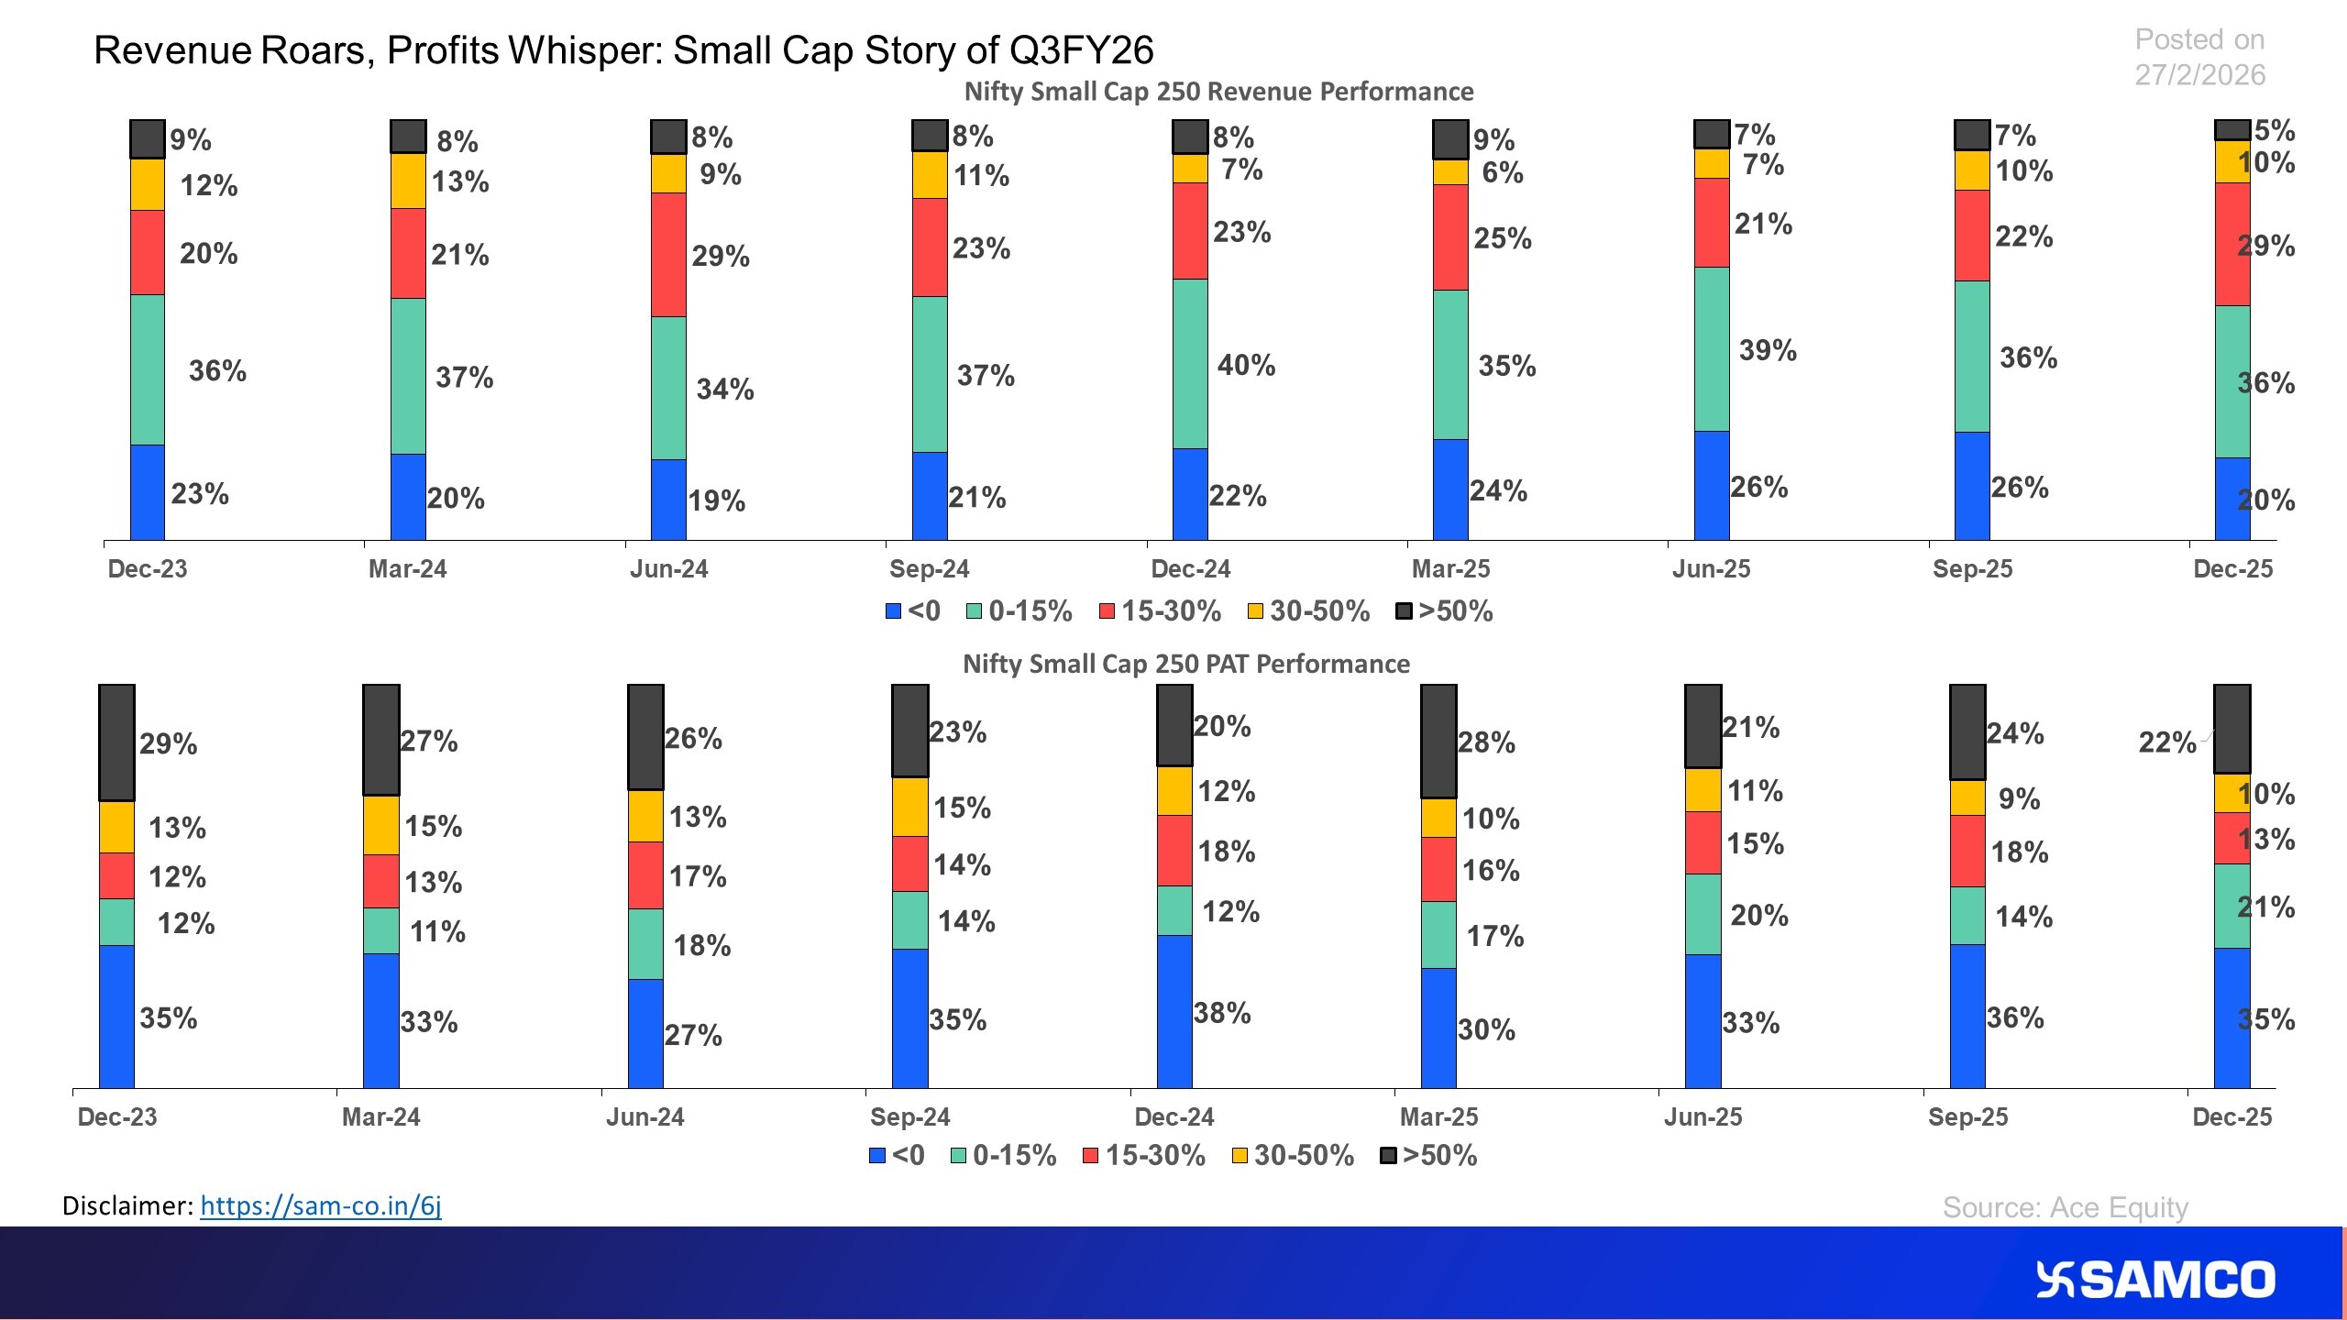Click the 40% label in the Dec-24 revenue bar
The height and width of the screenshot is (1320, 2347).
coord(1246,366)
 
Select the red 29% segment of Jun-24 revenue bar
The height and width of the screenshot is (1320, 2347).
coord(668,255)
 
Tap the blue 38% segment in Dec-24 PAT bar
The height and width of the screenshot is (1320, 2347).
coord(1174,1011)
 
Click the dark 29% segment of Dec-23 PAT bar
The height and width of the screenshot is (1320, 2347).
coord(116,742)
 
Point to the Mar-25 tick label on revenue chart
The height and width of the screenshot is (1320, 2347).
coord(1450,569)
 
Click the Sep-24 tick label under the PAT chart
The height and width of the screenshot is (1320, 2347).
coord(909,1116)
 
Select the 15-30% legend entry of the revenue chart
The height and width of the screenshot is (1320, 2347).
coord(1160,611)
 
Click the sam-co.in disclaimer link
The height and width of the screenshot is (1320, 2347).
coord(320,1205)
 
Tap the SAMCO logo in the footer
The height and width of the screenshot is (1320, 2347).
coord(2155,1280)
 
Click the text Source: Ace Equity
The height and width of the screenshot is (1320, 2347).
coord(2065,1207)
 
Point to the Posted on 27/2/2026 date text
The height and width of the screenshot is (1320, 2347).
coord(2199,57)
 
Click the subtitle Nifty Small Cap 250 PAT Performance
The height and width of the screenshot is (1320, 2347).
coord(1185,664)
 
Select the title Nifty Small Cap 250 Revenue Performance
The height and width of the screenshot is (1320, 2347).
coord(1218,92)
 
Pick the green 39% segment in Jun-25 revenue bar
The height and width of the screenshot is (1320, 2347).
coord(1712,349)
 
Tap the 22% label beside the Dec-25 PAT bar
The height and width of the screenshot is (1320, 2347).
coord(2166,742)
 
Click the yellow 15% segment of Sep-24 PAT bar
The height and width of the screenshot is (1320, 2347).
coord(909,807)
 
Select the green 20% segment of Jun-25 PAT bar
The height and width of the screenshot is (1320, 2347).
coord(1702,914)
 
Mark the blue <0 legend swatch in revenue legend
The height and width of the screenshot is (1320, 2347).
coord(893,611)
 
